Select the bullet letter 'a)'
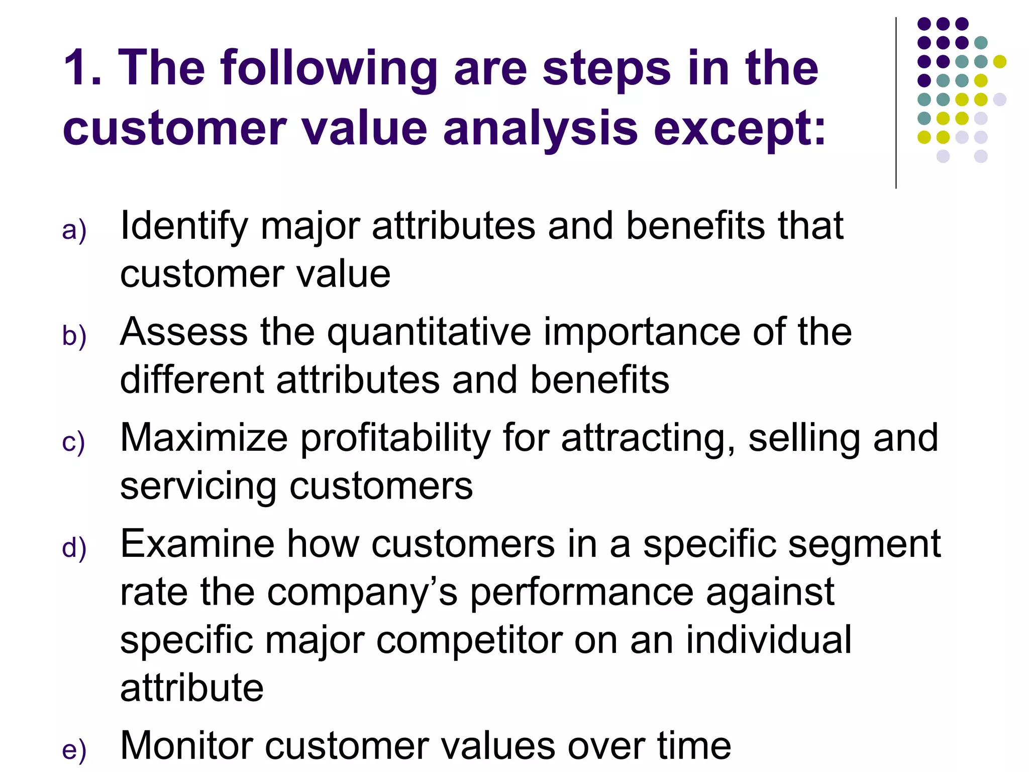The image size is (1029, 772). [x=74, y=230]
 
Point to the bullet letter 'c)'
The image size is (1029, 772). [x=73, y=442]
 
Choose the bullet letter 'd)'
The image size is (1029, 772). [x=74, y=548]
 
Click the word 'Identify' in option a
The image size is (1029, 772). [x=184, y=226]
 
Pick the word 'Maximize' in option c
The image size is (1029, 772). [x=204, y=438]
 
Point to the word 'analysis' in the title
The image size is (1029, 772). [x=541, y=129]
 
